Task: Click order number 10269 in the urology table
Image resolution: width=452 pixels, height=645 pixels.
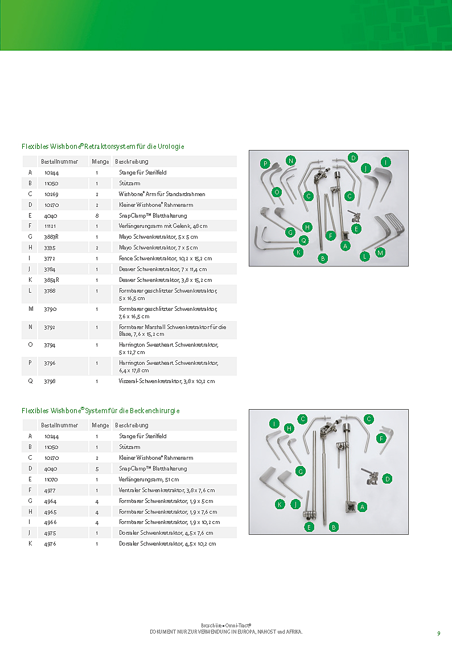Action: click(51, 194)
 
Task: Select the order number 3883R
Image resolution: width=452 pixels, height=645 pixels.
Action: click(51, 236)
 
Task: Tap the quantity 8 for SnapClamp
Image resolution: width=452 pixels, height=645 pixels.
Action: click(97, 215)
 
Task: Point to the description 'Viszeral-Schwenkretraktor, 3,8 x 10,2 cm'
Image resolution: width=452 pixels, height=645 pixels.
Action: click(167, 381)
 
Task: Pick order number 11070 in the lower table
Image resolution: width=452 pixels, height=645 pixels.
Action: click(51, 480)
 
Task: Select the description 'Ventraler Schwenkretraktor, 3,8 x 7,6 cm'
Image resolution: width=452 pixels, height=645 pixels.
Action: click(166, 490)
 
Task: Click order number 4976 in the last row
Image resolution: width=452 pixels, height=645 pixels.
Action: click(50, 544)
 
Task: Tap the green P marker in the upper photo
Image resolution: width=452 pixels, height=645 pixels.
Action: click(265, 164)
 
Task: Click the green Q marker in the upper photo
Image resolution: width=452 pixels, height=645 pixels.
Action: click(304, 240)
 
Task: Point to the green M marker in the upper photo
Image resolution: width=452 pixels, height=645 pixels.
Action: click(380, 252)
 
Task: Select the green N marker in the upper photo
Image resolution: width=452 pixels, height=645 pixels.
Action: click(291, 161)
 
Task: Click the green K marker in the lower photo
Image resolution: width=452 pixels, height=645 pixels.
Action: click(280, 505)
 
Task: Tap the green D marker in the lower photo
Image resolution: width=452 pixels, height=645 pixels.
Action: click(387, 479)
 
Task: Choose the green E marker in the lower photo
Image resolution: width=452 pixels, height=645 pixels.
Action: click(310, 527)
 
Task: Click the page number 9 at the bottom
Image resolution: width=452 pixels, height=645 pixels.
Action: click(438, 634)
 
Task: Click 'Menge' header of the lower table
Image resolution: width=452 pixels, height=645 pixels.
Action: click(100, 425)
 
